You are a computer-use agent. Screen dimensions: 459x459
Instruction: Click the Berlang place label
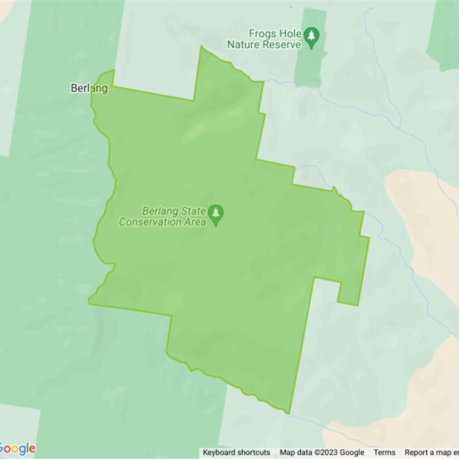(x=89, y=88)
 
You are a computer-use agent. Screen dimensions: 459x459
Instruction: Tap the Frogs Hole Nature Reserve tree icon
(x=312, y=36)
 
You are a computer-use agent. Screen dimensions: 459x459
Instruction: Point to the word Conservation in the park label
(x=150, y=222)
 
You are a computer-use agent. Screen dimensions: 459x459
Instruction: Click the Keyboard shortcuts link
(x=236, y=453)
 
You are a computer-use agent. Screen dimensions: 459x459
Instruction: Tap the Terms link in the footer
(x=384, y=453)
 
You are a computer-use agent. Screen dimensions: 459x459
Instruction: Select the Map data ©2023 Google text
(x=322, y=453)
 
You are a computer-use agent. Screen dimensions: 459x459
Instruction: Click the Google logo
(x=17, y=449)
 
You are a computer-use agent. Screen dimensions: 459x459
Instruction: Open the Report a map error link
(x=431, y=453)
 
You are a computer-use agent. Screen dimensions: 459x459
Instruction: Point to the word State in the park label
(x=193, y=211)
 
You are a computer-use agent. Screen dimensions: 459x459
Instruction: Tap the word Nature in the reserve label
(x=241, y=44)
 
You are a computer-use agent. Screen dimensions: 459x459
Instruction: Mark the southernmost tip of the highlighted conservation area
(x=287, y=412)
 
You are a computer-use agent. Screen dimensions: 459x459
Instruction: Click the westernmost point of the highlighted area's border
(x=89, y=300)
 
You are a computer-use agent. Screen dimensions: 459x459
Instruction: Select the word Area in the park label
(x=194, y=222)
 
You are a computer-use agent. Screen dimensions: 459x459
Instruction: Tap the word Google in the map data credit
(x=352, y=453)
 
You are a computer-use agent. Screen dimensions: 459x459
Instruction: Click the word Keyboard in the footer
(x=220, y=453)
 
